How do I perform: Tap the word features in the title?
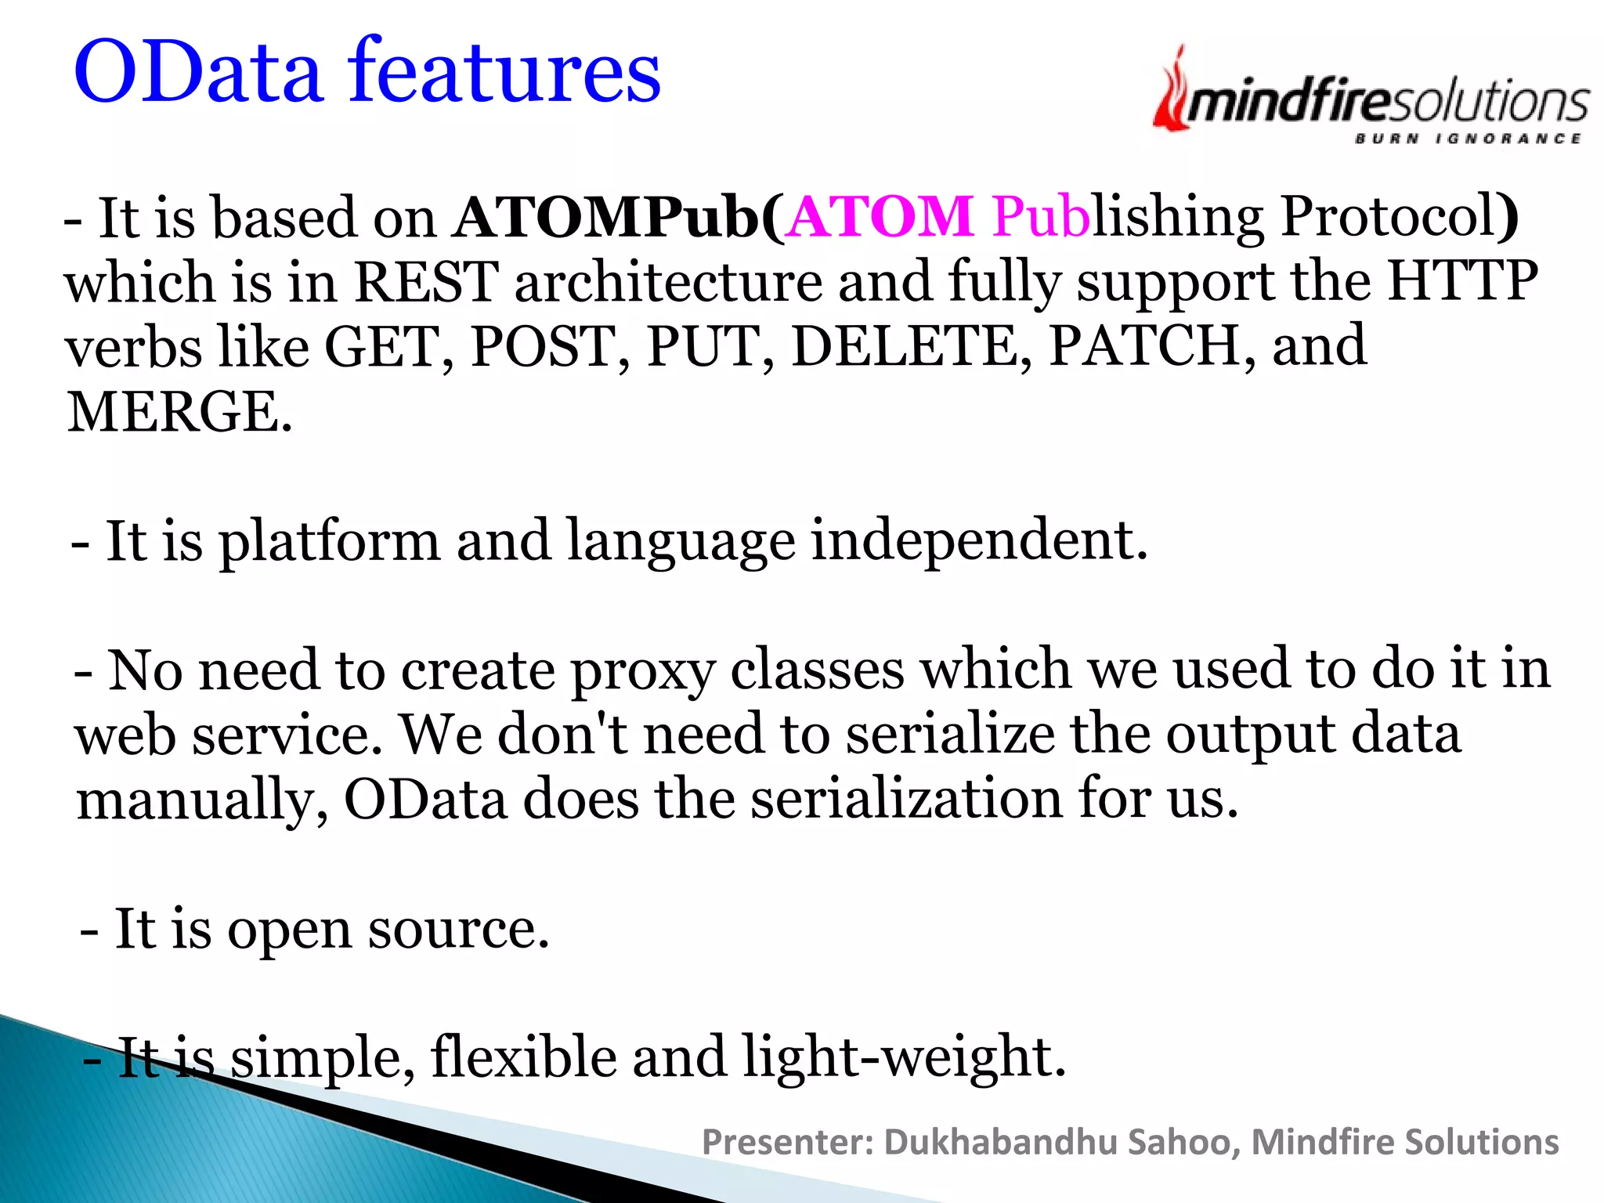click(x=505, y=73)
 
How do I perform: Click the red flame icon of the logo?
click(x=1171, y=92)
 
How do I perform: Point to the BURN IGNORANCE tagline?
click(x=1468, y=139)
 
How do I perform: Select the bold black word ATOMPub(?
click(x=618, y=217)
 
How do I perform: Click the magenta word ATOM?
click(x=880, y=217)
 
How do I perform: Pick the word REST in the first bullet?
click(x=426, y=282)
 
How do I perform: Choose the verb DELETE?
click(x=912, y=346)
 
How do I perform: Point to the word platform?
click(x=329, y=542)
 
